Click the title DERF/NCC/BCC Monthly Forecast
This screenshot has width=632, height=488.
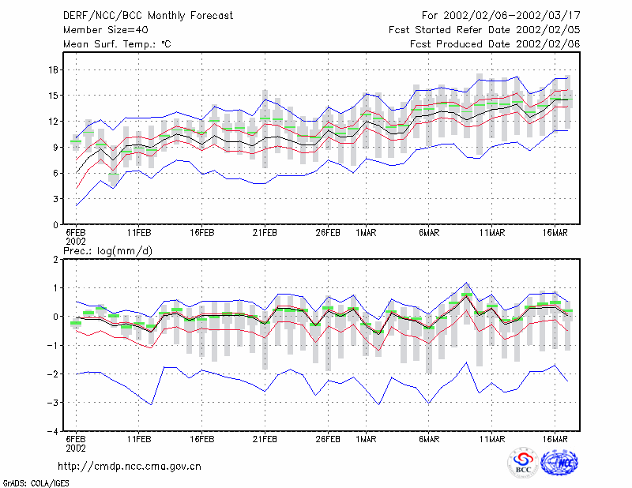point(148,16)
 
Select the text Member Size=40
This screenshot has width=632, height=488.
point(106,30)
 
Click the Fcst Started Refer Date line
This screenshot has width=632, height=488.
point(484,30)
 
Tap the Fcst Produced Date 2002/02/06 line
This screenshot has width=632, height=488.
point(495,44)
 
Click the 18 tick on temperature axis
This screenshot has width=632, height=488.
point(54,69)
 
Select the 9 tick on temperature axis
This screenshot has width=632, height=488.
point(56,147)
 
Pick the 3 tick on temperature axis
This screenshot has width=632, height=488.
point(56,199)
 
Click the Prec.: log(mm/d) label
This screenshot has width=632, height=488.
point(107,251)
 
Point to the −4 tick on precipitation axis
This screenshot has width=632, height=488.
point(53,431)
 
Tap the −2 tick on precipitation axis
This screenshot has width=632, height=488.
point(53,374)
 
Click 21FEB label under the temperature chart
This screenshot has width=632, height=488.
point(265,233)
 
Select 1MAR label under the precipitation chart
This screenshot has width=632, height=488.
point(366,439)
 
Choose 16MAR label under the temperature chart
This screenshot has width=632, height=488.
point(555,233)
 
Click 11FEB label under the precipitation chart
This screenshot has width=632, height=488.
point(139,439)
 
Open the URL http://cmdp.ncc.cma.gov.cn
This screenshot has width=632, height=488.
point(130,467)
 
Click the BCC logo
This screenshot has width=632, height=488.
point(523,463)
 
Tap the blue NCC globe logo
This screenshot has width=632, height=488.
point(559,463)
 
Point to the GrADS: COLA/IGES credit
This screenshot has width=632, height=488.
point(36,483)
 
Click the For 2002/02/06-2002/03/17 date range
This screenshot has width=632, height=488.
point(501,16)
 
